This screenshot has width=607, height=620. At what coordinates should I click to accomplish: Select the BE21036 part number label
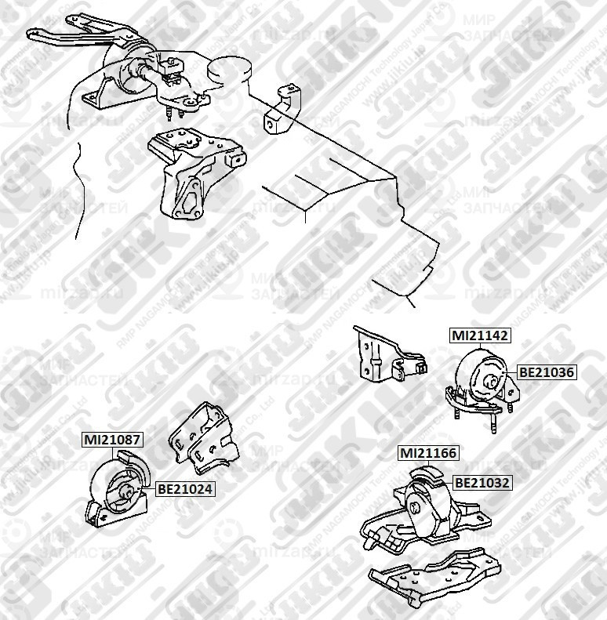coord(547,374)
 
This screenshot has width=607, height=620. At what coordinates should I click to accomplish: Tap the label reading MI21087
coord(113,441)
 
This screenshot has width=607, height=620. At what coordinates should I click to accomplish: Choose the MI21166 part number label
coord(428,453)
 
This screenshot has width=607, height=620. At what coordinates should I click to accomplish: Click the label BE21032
coord(482,483)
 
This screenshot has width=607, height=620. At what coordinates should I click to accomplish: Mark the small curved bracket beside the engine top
coord(285,110)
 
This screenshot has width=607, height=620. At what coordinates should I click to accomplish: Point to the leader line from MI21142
coord(478,350)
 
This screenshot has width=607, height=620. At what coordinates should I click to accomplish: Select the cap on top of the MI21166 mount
coord(427,473)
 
